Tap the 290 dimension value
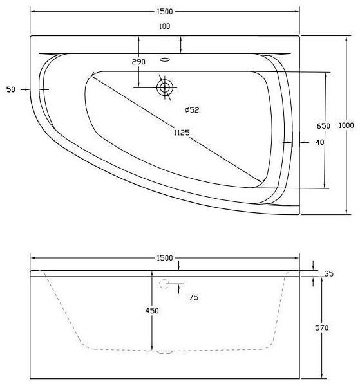coord(138,62)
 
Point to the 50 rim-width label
coord(10,89)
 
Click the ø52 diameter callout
coord(192,110)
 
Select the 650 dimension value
coord(323,125)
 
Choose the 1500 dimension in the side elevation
coord(165,258)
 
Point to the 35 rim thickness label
coord(329,273)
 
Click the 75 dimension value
coord(193,297)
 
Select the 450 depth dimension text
coord(152,310)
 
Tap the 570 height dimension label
coord(323,328)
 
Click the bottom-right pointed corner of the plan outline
coord(300,214)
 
